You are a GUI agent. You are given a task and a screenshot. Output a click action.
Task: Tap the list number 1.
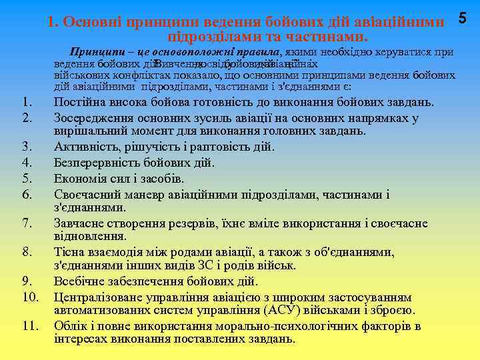click(26, 103)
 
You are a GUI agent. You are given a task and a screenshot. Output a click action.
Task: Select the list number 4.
click(26, 162)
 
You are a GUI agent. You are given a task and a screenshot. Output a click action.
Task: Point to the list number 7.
click(26, 223)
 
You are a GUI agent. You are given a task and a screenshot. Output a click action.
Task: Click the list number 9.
click(26, 281)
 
